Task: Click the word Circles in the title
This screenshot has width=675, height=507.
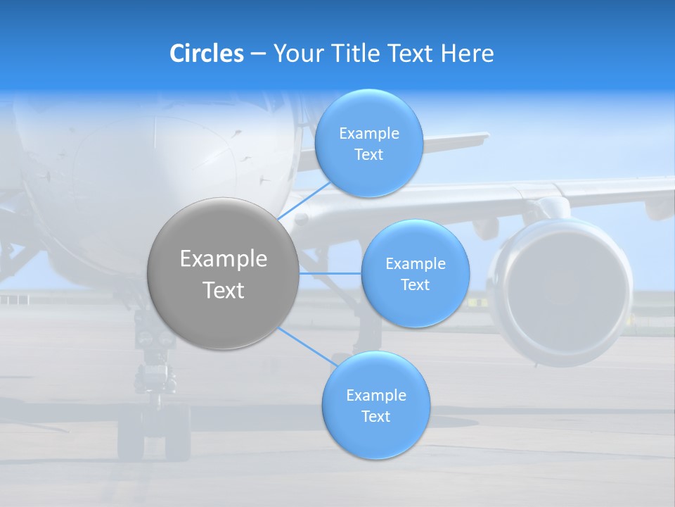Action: click(207, 54)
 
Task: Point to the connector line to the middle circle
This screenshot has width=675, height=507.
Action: click(330, 273)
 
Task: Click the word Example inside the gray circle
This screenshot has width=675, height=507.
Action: click(224, 259)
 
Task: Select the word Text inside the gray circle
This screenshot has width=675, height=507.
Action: click(224, 290)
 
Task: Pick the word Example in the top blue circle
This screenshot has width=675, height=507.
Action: click(369, 134)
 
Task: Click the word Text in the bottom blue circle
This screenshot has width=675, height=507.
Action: click(375, 416)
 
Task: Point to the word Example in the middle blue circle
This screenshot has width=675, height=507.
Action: click(416, 264)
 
